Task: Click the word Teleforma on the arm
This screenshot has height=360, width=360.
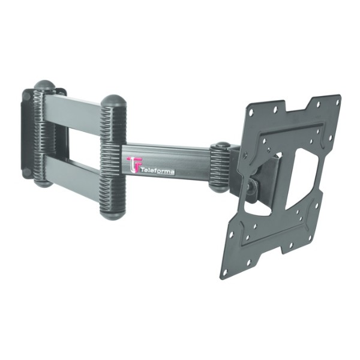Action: [x=157, y=172]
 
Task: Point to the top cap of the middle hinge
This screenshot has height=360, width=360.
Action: [x=112, y=101]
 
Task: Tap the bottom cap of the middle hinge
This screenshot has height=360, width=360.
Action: [x=113, y=212]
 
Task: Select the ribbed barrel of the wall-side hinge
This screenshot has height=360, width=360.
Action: [x=43, y=134]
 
